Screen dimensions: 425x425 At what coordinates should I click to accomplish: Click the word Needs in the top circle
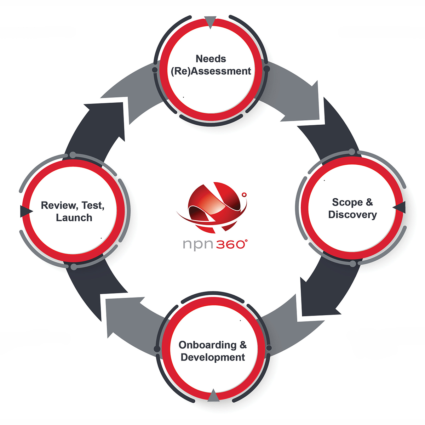[211, 59]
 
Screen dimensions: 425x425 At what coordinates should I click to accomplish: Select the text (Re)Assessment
[211, 71]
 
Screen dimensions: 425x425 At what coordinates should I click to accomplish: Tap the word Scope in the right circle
[347, 202]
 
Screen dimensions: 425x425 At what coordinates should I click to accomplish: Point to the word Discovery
[352, 215]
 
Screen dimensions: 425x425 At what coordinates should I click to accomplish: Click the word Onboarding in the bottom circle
[207, 345]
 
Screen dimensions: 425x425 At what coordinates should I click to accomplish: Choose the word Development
[213, 357]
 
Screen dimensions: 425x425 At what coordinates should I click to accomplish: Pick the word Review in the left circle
[59, 205]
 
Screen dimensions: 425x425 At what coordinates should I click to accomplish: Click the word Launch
[74, 218]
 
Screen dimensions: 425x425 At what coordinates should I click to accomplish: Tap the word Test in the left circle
[93, 205]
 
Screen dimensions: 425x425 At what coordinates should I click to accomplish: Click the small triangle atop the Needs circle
[210, 22]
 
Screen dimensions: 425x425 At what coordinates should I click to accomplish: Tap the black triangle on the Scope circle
[400, 208]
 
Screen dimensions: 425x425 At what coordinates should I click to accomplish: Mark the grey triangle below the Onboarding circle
[213, 396]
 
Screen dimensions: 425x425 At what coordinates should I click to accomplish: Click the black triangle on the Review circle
[26, 211]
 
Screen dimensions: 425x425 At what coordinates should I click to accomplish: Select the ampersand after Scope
[369, 202]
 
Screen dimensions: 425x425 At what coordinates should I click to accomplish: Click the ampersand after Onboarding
[243, 345]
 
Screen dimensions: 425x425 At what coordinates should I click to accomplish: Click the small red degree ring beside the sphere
[244, 194]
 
